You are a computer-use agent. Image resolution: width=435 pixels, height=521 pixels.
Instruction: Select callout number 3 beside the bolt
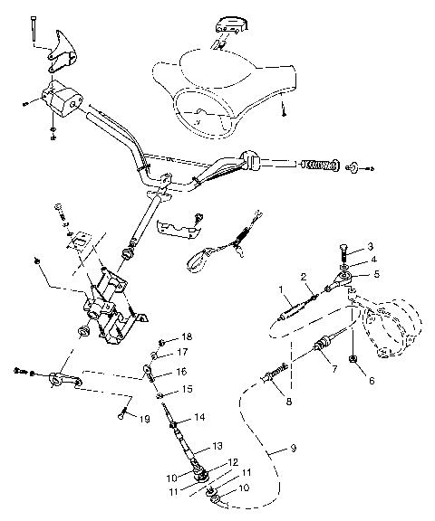coord(369,246)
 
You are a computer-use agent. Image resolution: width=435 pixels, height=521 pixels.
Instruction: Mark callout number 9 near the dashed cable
coord(292,447)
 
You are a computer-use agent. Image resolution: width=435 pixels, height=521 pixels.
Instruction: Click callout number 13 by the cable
coord(217,446)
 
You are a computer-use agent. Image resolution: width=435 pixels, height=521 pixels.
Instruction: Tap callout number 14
coord(200,417)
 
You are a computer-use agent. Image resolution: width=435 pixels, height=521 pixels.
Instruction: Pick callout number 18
coord(187,336)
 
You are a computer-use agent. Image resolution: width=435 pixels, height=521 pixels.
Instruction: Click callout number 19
coord(142,418)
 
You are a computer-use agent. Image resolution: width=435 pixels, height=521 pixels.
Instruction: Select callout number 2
coord(304,276)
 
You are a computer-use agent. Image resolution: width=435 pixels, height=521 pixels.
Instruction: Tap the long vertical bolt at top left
coord(32,30)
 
